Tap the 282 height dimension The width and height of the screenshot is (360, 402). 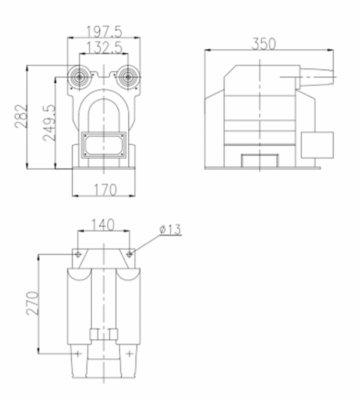click(20, 117)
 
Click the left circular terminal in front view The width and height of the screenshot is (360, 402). click(79, 77)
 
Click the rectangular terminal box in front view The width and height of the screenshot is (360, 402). click(104, 144)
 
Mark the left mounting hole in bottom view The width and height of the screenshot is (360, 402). click(78, 254)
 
